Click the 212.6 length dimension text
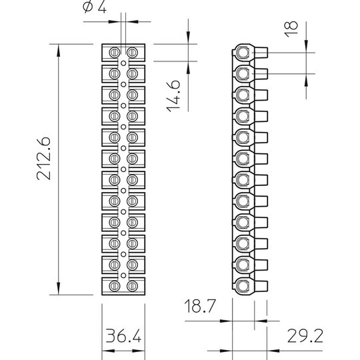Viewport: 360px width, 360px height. [43, 159]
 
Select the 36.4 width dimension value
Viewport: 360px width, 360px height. [123, 335]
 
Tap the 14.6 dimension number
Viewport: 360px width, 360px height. [173, 96]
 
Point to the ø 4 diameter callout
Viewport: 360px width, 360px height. [95, 7]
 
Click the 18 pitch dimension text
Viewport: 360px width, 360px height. [291, 29]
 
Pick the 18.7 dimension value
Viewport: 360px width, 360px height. [200, 306]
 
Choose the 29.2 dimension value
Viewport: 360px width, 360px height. [305, 335]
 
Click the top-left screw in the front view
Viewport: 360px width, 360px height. [115, 53]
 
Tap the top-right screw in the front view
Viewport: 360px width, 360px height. [132, 53]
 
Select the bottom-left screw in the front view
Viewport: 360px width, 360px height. [115, 286]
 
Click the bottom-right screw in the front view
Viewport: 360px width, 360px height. [132, 286]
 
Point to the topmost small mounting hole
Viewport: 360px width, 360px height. [123, 63]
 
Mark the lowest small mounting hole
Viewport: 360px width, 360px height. [123, 275]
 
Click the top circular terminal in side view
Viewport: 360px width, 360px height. [243, 53]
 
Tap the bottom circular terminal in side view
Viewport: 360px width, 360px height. [243, 286]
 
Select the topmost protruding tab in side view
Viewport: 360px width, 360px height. [261, 53]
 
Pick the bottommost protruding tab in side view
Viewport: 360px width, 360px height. [261, 286]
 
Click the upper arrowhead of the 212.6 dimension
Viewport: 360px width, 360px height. [58, 50]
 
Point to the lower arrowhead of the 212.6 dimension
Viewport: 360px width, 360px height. [58, 289]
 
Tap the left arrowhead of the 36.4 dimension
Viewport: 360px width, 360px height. [108, 351]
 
